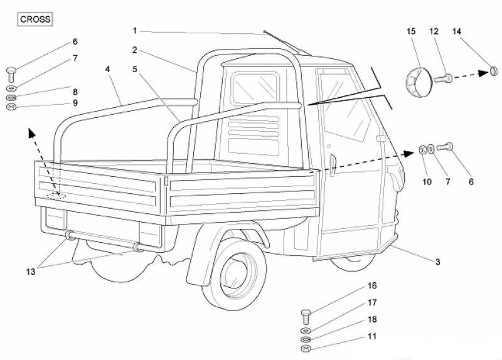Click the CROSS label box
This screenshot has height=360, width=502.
[35, 19]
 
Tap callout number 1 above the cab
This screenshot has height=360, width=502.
[134, 29]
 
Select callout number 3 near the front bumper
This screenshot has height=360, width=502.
[437, 262]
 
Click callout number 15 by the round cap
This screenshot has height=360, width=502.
[411, 31]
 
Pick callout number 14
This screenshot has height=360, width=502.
[456, 31]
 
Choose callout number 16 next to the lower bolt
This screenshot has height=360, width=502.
[372, 286]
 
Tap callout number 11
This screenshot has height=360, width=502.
[372, 336]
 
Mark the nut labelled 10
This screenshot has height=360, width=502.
[423, 149]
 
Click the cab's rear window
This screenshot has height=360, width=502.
[255, 88]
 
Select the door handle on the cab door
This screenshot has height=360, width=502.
[333, 164]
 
